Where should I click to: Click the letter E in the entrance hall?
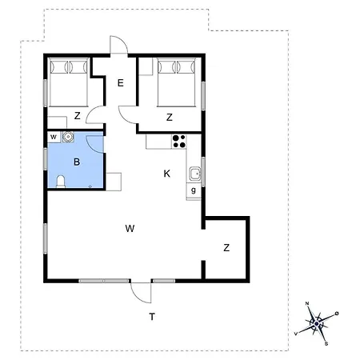[121, 83]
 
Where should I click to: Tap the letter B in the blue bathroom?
[77, 162]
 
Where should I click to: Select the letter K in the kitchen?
[167, 174]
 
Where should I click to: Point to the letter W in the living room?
[130, 229]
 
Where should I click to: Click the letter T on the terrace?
[152, 317]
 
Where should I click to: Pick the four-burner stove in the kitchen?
[178, 142]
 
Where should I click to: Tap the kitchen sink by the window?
[195, 174]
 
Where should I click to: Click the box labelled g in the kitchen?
[194, 190]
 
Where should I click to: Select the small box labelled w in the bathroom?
[54, 137]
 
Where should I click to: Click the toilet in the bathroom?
[61, 182]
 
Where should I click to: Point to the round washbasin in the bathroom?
[68, 137]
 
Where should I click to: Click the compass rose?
[317, 324]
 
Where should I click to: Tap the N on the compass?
[307, 303]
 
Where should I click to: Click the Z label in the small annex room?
[226, 248]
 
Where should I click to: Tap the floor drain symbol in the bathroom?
[90, 186]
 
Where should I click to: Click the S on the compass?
[326, 344]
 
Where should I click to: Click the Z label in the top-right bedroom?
[170, 118]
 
